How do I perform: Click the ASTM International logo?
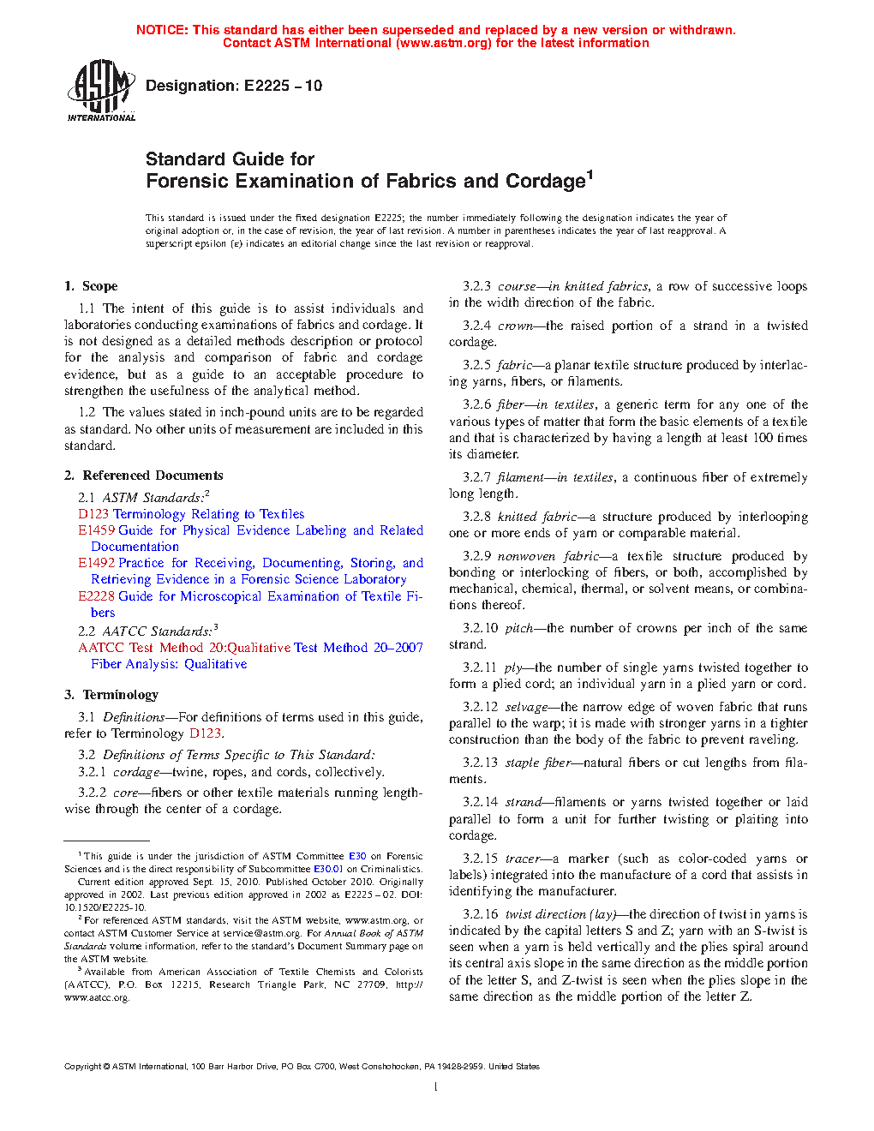pos(101,90)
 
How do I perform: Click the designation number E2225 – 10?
pos(283,86)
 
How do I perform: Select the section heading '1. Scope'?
pos(91,286)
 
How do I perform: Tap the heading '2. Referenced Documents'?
pos(144,476)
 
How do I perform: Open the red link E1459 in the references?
pos(96,530)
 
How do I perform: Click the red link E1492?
pos(96,563)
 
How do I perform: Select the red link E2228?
pos(96,596)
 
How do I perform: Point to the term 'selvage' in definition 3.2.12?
pos(526,707)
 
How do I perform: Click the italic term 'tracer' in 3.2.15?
pos(523,859)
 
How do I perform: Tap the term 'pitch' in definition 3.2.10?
pos(519,628)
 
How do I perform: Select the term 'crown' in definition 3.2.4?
pos(515,326)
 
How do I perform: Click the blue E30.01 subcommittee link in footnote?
pos(328,869)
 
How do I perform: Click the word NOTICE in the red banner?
pos(162,30)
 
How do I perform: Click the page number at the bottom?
pos(436,1087)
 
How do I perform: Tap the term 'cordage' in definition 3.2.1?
pos(136,772)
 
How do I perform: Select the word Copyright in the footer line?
pos(82,1067)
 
